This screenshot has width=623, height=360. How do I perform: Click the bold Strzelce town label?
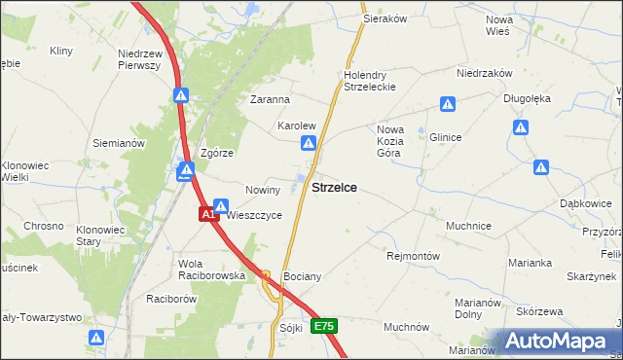pos(333,188)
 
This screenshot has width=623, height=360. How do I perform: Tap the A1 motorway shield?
pos(208,214)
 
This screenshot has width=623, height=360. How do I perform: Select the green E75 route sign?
pos(325,327)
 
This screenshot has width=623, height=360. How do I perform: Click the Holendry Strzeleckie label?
pos(366,81)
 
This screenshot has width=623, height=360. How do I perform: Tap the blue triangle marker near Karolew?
pos(308,144)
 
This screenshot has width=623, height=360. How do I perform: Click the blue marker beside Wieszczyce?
pos(222,206)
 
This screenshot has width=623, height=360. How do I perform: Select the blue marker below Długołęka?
pos(522,127)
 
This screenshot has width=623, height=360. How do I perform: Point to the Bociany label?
pos(301,277)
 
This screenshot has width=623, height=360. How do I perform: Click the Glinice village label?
pos(446,138)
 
